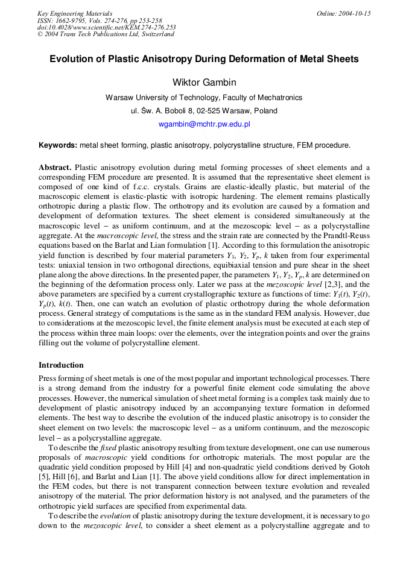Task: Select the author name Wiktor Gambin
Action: (204, 82)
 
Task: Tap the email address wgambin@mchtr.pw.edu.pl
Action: (204, 124)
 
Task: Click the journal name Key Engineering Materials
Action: (74, 13)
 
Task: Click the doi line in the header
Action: (106, 27)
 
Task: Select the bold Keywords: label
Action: (58, 145)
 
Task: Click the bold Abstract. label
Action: (55, 167)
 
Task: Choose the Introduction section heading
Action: (61, 365)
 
